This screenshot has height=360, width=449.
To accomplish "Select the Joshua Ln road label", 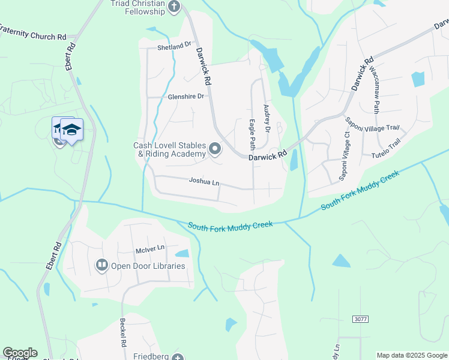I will coord(204,181).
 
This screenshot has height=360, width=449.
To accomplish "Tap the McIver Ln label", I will coord(149,248).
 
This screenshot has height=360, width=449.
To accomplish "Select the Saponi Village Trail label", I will coord(372,128).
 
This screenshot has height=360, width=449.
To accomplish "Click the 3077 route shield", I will coord(361,319).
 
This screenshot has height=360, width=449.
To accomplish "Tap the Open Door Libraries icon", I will coord(102,265).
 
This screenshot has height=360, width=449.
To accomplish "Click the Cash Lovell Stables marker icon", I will coord(215,148).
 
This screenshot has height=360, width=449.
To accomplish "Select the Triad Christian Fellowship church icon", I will coord(174,7).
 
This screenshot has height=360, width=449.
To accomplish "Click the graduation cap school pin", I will coord(71,129).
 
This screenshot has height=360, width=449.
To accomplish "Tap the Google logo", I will coord(20,353).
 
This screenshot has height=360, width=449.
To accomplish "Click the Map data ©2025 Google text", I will coord(412,355).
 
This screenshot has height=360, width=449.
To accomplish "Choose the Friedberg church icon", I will coord(177,358).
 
